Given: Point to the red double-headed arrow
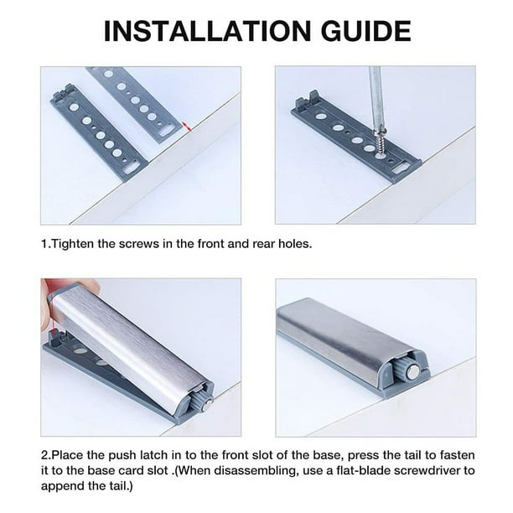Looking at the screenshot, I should (189, 127).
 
